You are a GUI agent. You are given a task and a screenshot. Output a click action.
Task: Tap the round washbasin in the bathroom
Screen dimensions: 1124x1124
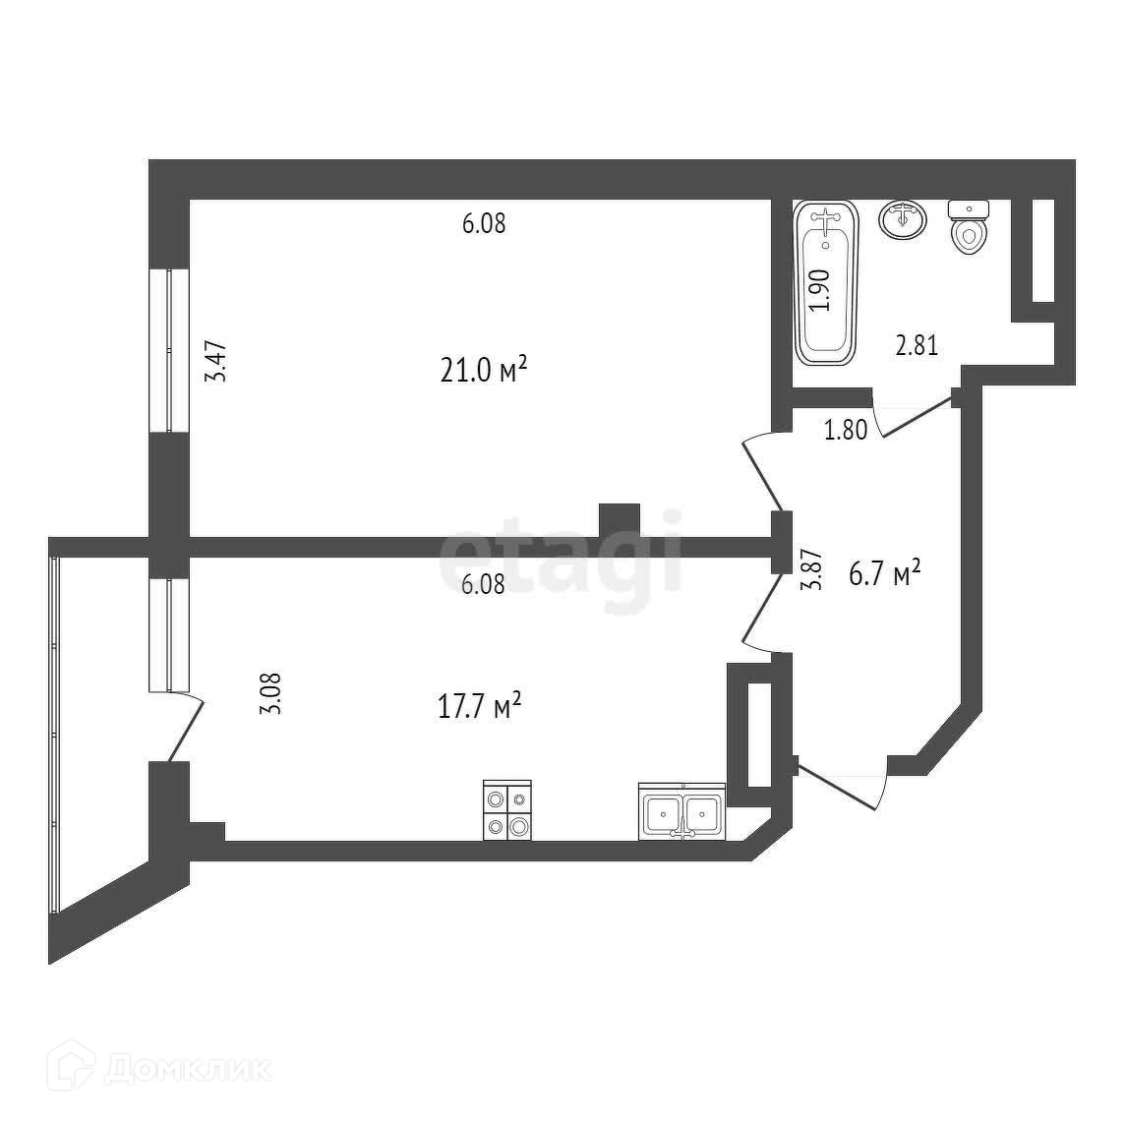coord(902,219)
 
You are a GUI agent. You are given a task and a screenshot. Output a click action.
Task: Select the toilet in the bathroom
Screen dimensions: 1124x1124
coord(969,227)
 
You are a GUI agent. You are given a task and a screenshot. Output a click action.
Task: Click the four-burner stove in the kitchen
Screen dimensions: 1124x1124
coord(507,810)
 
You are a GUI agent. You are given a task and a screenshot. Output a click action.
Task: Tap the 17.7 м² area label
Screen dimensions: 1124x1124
coord(479,705)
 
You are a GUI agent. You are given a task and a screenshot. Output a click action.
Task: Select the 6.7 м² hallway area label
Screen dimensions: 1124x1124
coord(884,573)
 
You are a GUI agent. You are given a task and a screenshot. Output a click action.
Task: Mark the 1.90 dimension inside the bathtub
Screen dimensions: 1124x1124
coord(822,290)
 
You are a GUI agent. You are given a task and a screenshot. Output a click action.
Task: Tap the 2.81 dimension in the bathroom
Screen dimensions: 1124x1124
coord(916,345)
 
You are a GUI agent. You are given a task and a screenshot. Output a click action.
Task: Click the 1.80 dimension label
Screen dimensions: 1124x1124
coord(845,430)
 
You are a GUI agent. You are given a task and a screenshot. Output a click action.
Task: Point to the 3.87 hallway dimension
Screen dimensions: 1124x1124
coord(810,569)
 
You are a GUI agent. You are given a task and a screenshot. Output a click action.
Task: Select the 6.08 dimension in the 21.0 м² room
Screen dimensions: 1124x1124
coord(483,224)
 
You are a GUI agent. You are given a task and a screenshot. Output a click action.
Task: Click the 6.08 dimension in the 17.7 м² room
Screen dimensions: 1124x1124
coord(483,584)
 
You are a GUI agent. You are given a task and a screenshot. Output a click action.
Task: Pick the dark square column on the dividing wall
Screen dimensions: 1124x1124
coord(620,519)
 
